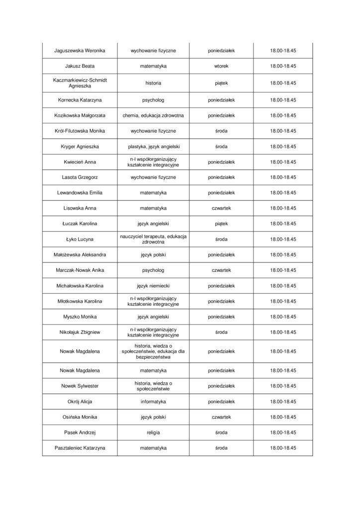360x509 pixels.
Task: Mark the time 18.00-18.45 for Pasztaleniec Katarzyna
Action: tap(283, 448)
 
